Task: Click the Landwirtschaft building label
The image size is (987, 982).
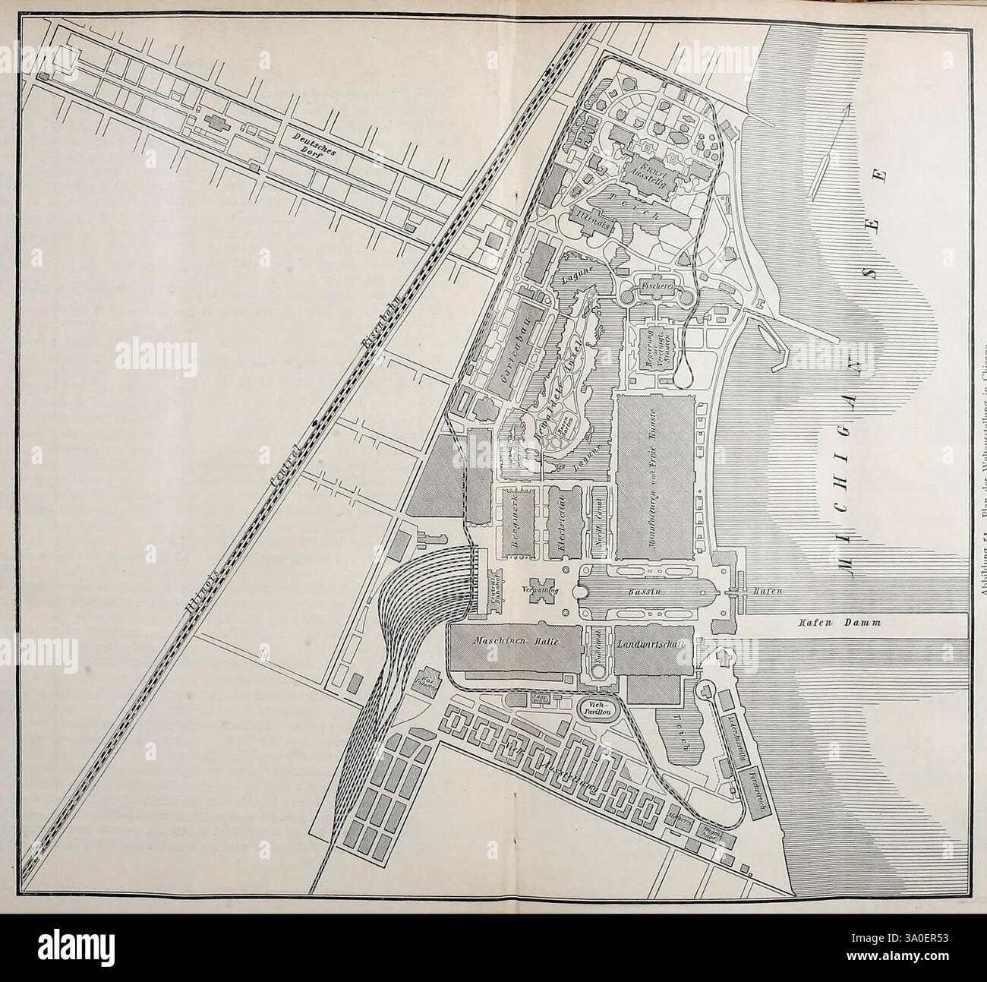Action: [653, 643]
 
